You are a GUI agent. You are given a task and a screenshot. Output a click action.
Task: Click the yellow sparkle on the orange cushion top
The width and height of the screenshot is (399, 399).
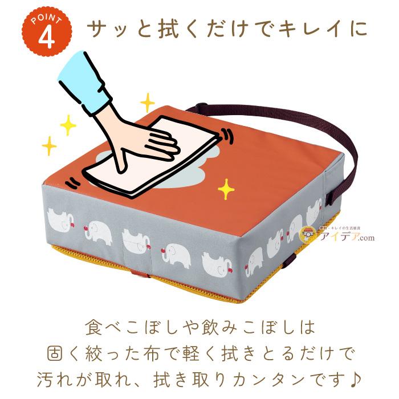point(227,189)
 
